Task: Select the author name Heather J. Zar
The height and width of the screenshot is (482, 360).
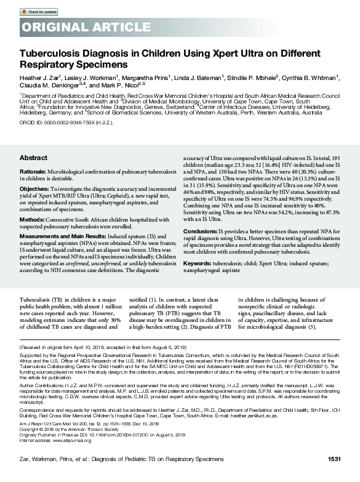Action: (38, 77)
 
